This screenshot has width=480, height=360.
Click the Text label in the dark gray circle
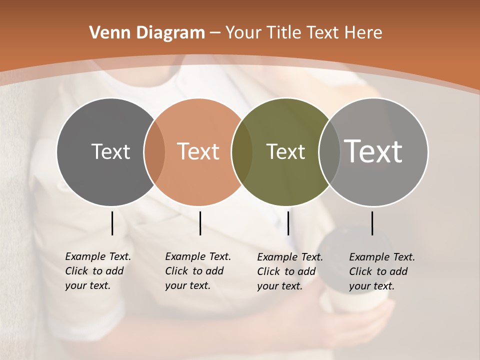(x=110, y=151)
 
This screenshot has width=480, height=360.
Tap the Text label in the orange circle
(x=198, y=151)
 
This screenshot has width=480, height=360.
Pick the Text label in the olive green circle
(x=285, y=151)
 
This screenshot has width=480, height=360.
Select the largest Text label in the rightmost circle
(x=373, y=151)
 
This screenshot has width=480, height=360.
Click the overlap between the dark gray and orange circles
(x=154, y=151)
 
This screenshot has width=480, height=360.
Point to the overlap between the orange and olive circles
(x=242, y=151)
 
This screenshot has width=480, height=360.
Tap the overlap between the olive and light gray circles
(x=329, y=151)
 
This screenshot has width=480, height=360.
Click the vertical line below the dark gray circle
(x=112, y=223)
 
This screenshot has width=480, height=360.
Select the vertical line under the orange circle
(x=200, y=223)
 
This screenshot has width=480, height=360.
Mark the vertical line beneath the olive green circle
(x=288, y=223)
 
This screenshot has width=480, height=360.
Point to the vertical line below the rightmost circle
(x=372, y=223)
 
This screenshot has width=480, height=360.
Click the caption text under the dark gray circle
(x=97, y=271)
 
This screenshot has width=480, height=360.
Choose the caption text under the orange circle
(x=197, y=271)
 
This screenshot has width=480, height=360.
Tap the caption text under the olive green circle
(x=289, y=271)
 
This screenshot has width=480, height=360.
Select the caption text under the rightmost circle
(x=381, y=271)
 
